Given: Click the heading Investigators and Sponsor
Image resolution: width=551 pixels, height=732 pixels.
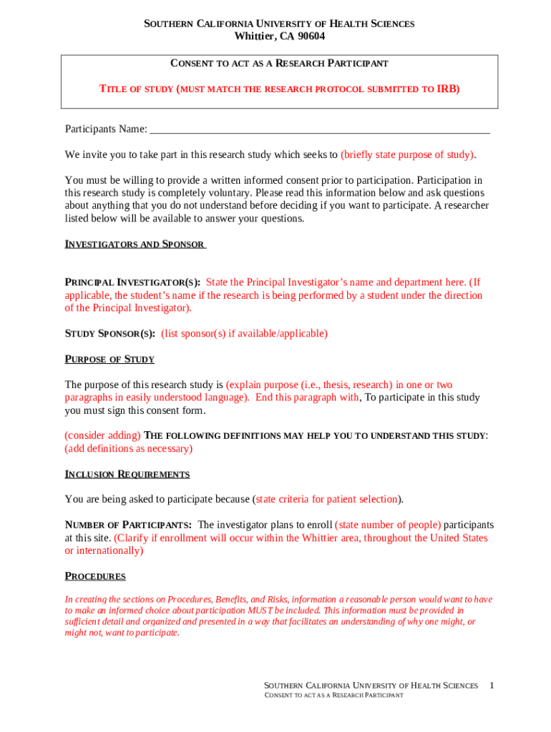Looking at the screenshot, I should [135, 244].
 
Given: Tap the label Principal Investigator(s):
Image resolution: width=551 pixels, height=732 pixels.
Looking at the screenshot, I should [132, 282].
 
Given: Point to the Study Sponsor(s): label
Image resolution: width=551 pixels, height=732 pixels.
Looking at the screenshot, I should [110, 333].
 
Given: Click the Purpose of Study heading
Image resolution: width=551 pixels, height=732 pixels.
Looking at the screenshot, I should [109, 359].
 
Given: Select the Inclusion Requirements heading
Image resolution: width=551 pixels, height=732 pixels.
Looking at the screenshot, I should [127, 474].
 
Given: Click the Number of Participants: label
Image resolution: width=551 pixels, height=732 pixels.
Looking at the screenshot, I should [128, 525].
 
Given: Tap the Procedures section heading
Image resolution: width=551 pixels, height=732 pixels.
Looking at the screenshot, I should [95, 576].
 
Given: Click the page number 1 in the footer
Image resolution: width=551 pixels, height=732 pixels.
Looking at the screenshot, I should [492, 686].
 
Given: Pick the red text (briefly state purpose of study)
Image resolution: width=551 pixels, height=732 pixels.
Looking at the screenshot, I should [408, 154].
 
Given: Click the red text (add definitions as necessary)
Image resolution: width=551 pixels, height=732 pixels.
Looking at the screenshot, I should [129, 449].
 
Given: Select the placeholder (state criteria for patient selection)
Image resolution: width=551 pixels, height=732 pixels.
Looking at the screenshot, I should [327, 499].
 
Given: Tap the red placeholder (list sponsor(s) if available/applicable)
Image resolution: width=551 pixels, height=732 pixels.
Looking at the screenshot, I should [244, 333].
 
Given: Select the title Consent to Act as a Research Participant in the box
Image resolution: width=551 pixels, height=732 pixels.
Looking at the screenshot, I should [279, 64].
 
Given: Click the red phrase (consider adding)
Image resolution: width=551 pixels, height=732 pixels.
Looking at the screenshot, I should [103, 435].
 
